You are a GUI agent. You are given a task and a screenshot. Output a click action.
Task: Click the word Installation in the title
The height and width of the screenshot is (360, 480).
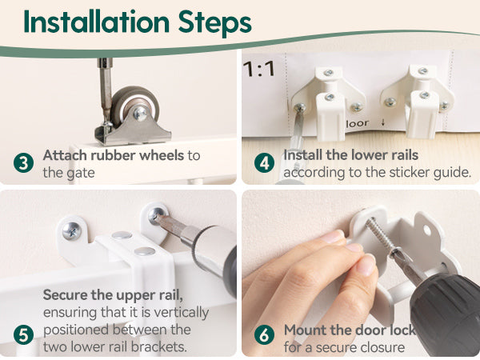tap(97, 22)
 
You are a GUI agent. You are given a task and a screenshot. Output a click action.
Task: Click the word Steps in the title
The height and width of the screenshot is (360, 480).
tap(215, 23)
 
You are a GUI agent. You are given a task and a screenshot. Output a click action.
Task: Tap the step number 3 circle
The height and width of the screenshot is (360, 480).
tap(23, 162)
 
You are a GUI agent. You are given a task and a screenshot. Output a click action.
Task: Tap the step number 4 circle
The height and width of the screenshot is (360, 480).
tap(264, 163)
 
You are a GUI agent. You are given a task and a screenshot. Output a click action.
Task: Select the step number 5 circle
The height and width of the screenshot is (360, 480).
tap(23, 335)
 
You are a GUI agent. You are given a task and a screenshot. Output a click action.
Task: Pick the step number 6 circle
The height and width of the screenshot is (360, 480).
tap(264, 334)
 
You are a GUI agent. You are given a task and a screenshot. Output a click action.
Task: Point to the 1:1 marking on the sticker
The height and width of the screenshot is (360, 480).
tap(259, 69)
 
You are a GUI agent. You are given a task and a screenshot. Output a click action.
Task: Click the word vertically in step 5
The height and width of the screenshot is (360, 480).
tap(181, 313)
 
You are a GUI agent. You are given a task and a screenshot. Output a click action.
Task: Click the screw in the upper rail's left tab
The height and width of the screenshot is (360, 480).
tap(72, 231)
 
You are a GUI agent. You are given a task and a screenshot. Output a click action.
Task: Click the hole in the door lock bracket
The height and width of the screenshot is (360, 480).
tap(426, 230)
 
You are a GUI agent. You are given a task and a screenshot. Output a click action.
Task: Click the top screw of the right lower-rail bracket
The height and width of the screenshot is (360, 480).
tap(423, 71)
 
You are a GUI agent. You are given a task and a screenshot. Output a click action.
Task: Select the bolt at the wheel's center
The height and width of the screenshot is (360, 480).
tap(141, 114)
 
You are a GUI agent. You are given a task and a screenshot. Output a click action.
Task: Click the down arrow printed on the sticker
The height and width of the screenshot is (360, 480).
tap(383, 122)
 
